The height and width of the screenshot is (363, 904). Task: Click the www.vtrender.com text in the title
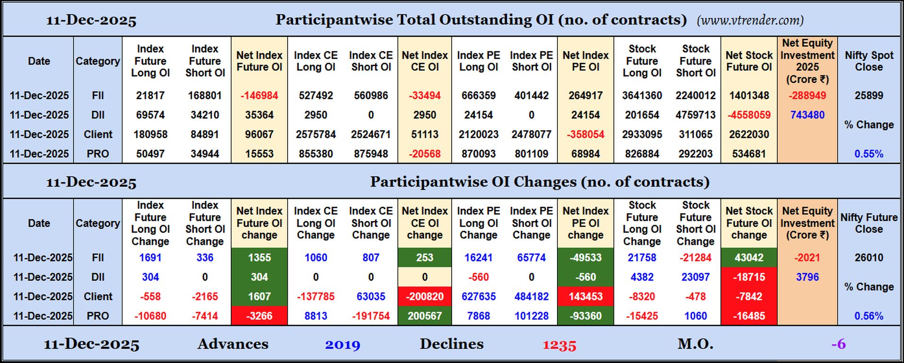coord(750,20)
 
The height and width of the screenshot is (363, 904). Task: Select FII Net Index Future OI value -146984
coord(259,96)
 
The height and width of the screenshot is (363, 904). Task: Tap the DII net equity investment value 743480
coord(807,115)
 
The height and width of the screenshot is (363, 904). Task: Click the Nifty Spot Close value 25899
coord(869,96)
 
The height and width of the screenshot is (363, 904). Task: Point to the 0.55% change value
coord(869,154)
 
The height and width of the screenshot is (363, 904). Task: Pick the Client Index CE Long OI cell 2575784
coord(315,135)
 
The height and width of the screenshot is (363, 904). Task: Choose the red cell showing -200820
coord(424,297)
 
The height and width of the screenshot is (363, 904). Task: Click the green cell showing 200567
coord(424,316)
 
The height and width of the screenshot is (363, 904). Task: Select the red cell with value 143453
coord(585,297)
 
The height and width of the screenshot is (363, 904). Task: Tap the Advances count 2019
coord(342,345)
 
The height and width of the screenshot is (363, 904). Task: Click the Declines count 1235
coord(559,345)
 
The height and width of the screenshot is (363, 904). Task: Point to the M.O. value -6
coord(838,344)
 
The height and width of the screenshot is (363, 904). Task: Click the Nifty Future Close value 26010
coord(869,258)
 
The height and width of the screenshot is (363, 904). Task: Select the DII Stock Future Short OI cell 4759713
coord(695,115)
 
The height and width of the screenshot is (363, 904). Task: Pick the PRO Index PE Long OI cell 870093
coord(478,154)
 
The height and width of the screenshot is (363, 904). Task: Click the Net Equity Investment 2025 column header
coord(807,61)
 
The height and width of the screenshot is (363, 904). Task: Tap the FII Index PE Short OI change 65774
coord(531,258)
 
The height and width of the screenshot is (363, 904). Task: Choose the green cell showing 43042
coord(749,258)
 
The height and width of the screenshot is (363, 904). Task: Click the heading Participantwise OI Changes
coord(539,182)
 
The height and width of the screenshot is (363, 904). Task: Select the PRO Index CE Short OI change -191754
coord(371,316)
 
